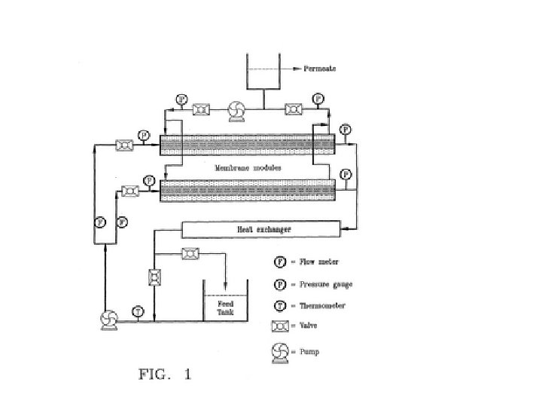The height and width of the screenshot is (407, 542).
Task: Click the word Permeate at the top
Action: tap(319, 69)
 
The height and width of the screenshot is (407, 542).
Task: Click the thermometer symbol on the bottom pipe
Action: tap(138, 311)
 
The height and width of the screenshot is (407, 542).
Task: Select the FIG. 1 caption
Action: tap(165, 375)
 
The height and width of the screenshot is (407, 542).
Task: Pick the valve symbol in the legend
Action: tap(280, 326)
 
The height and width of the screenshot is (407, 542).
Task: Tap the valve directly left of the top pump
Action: tap(201, 111)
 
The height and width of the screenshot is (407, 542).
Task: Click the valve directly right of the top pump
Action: tap(294, 111)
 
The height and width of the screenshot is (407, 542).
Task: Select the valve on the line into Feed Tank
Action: tap(190, 256)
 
